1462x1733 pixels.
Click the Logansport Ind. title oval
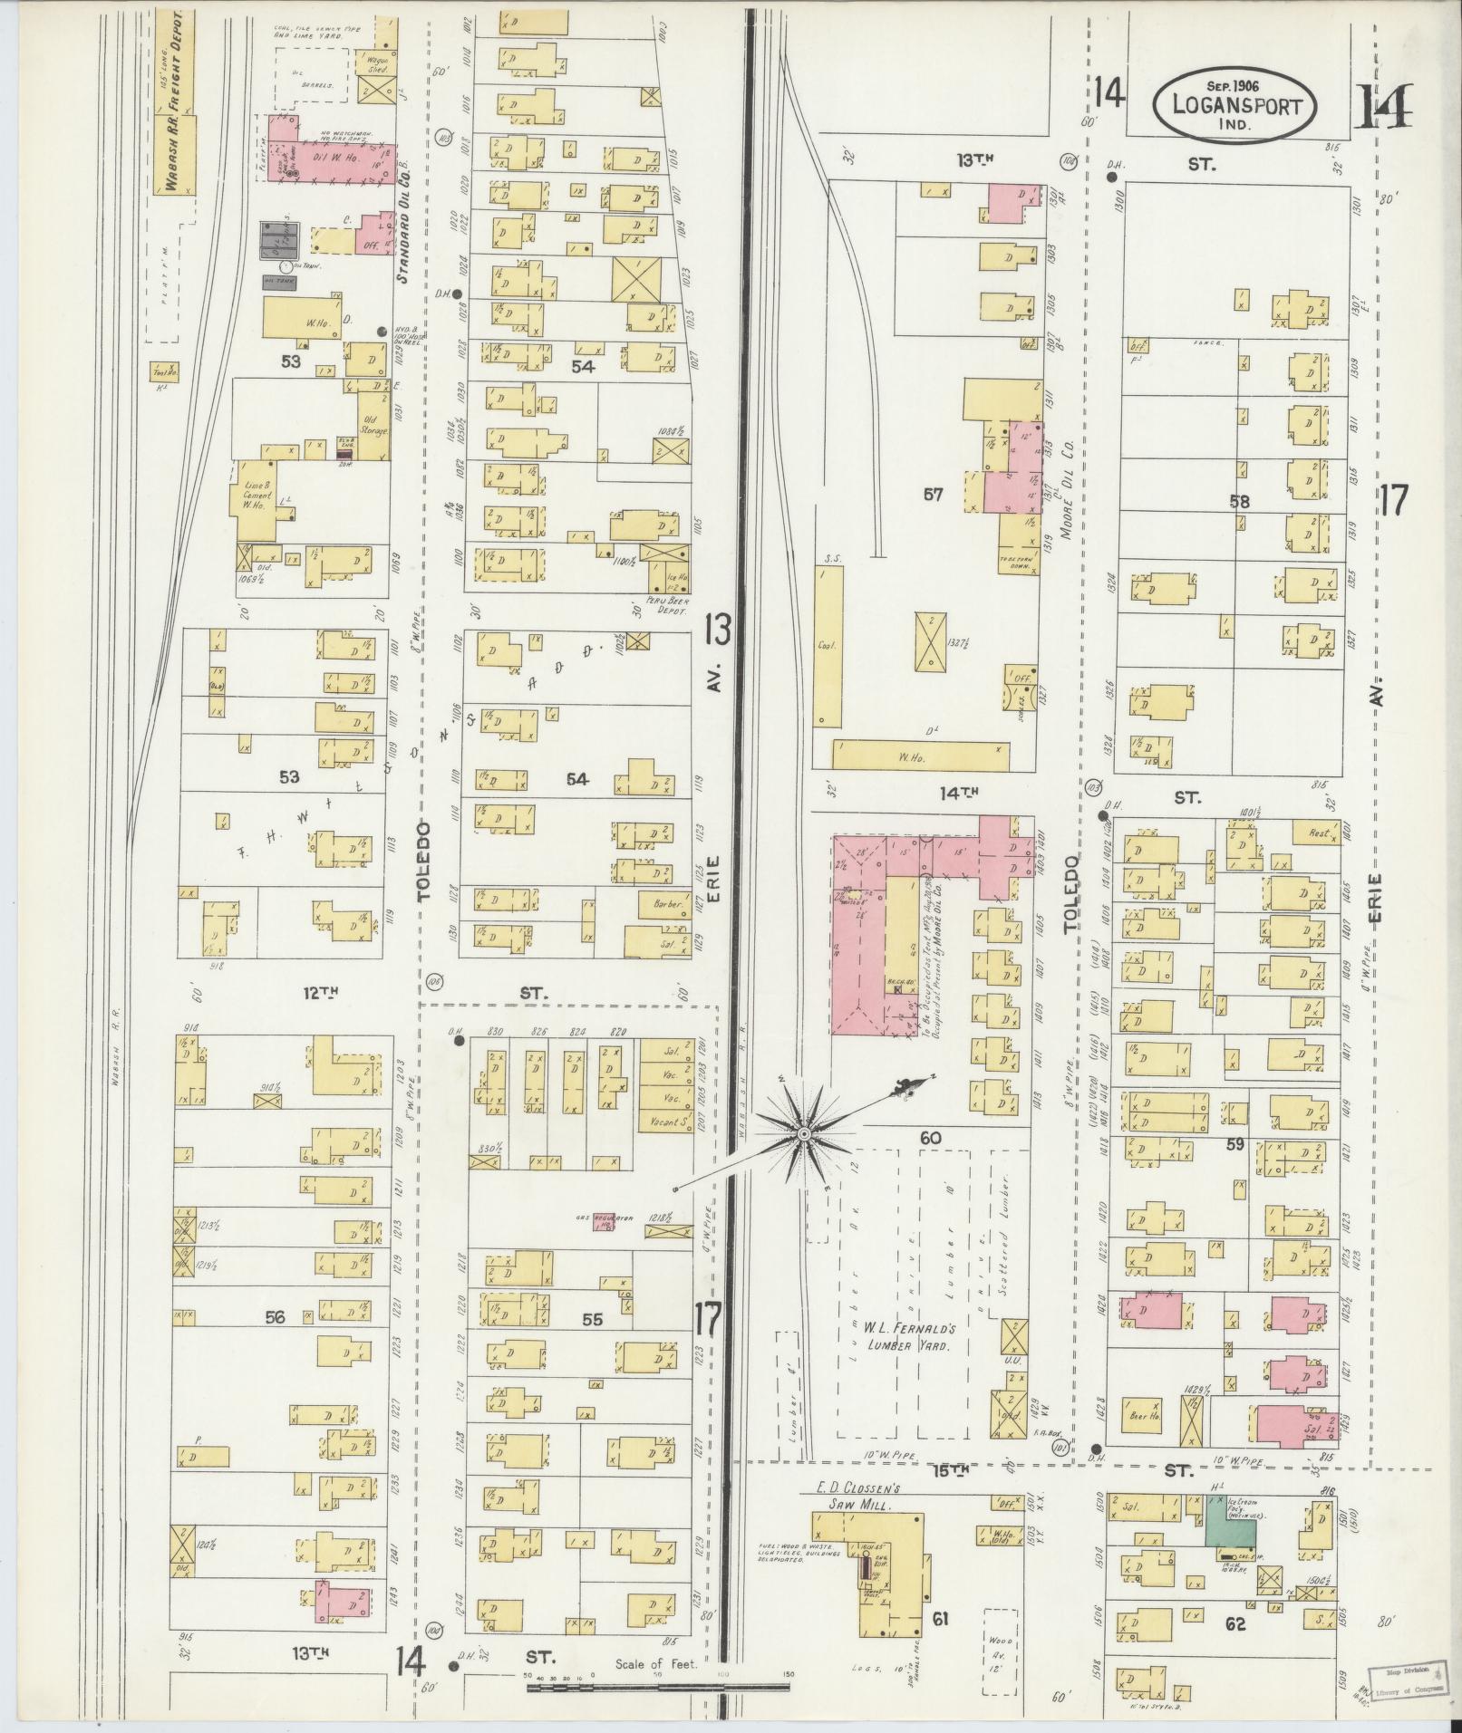(x=1235, y=104)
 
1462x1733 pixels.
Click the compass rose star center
(x=803, y=1133)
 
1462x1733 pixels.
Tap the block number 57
(x=933, y=495)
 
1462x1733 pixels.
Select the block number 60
(x=930, y=1138)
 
